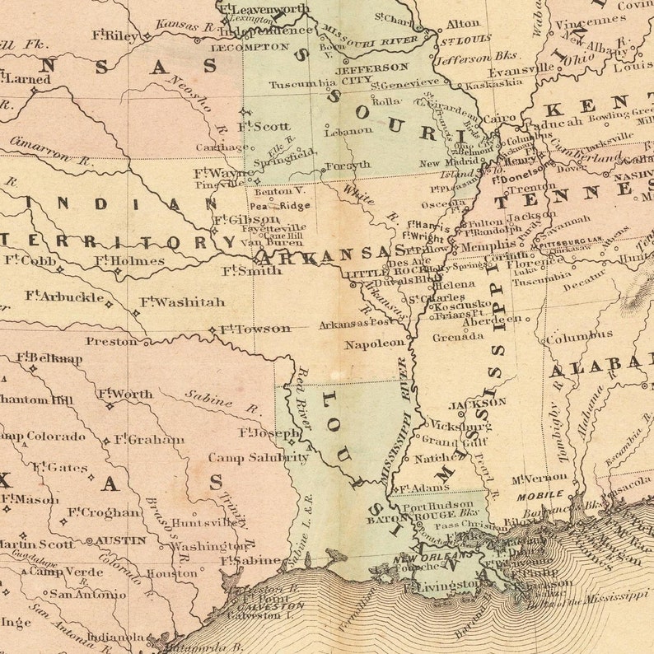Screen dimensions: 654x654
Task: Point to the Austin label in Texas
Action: pos(121,541)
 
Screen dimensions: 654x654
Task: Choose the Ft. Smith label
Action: pos(252,270)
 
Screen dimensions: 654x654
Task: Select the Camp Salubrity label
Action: pos(259,457)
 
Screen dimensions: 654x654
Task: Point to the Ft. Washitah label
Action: pos(182,302)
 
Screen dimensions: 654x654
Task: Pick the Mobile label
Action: pos(540,495)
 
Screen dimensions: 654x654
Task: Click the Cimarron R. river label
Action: pos(41,149)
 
